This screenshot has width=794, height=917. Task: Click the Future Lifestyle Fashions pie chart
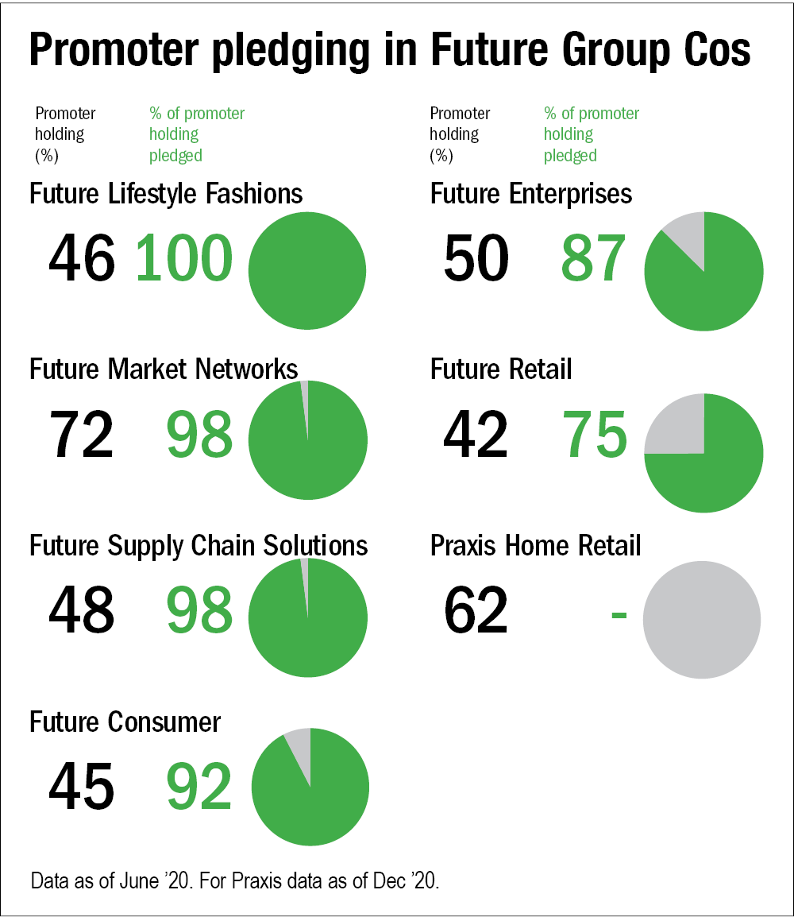tap(307, 271)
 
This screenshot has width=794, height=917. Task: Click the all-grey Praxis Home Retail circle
tap(702, 620)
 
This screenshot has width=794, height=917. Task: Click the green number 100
tap(184, 259)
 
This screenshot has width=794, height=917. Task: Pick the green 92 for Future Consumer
tap(199, 786)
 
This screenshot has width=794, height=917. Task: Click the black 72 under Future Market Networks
tap(81, 435)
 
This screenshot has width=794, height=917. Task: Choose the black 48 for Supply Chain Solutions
tap(81, 610)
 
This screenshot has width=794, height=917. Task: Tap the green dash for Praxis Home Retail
tap(619, 613)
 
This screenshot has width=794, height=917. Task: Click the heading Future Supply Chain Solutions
tap(198, 547)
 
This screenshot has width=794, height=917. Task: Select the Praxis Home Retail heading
tap(536, 547)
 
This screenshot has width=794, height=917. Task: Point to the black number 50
tap(476, 259)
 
